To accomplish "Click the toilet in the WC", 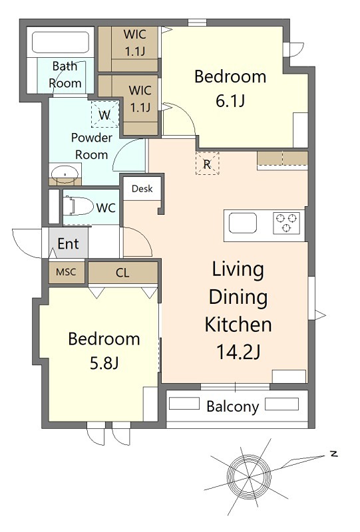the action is tap(78, 206).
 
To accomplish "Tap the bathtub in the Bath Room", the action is tap(61, 42).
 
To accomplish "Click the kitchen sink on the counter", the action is tap(242, 223).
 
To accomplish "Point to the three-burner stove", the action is tap(286, 223).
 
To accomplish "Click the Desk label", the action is tap(142, 189).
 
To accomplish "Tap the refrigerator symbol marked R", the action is tap(207, 164).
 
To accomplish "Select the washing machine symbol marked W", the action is tap(104, 114).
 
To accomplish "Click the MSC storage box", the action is tap(67, 272).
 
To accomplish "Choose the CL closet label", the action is tap(122, 273).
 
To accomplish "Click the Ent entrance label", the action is tap(69, 243).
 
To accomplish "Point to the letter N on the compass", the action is tap(333, 454).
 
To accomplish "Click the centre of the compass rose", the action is tap(250, 477).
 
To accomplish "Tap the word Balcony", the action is tap(233, 406).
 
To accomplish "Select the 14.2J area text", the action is tap(238, 352).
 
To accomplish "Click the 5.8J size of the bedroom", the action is tap(104, 364).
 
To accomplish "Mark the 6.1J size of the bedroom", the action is tap(230, 101).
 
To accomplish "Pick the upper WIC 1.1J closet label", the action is tap(135, 43).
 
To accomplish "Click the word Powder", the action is tap(92, 138).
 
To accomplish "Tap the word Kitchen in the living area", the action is tap(238, 325).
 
